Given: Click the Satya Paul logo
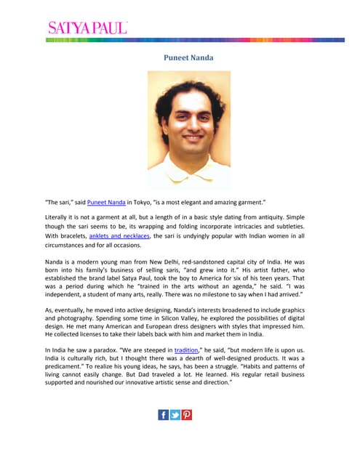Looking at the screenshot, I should pyautogui.click(x=87, y=28).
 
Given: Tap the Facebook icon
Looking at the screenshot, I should pyautogui.click(x=164, y=415).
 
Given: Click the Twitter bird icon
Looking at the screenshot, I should pyautogui.click(x=175, y=415).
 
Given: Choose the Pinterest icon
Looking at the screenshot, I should pyautogui.click(x=187, y=415).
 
